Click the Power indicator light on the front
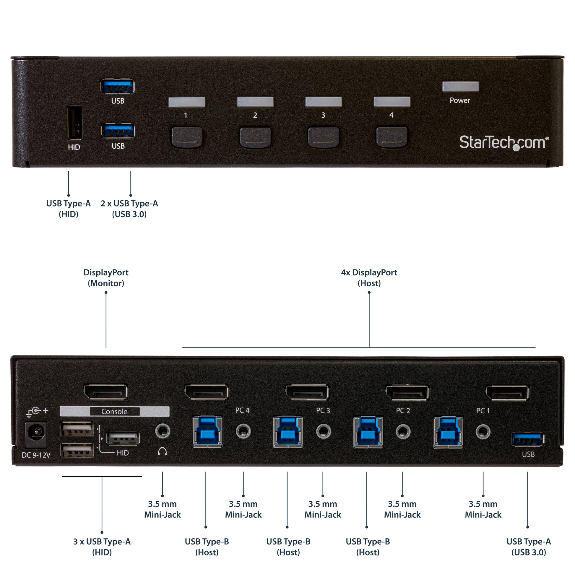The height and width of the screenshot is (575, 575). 460,86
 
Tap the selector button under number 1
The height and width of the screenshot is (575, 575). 187,137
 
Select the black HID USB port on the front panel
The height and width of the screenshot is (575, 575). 74,122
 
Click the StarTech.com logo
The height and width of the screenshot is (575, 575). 504,142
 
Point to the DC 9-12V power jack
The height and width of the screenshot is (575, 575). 36,434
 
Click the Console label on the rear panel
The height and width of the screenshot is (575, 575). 115,411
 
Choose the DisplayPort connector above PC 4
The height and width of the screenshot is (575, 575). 207,392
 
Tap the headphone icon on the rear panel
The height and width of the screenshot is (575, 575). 162,451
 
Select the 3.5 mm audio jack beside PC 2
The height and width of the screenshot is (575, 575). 403,432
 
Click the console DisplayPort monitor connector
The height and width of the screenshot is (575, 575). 106,392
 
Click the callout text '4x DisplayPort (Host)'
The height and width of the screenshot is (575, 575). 369,278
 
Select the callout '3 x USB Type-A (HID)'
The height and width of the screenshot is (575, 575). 102,547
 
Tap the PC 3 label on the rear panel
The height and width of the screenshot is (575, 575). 323,410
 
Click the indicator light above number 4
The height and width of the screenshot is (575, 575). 392,102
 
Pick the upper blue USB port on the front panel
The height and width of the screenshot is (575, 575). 117,86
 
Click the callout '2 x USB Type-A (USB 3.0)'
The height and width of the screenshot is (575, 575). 129,209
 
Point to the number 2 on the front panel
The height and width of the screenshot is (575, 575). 255,115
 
